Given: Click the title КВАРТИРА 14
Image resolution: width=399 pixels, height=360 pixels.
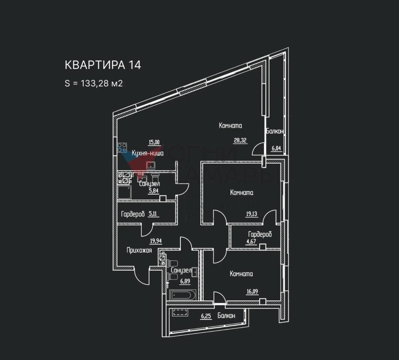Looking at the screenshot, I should tap(102, 65).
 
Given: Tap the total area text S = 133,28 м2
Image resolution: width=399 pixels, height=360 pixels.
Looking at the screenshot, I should tap(94, 83).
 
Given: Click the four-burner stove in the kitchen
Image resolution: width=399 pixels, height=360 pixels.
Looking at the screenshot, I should tap(122, 148).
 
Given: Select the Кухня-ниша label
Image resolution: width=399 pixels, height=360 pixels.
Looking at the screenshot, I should tap(147, 154).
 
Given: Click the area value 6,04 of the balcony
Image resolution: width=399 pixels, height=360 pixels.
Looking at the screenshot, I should tap(276, 148).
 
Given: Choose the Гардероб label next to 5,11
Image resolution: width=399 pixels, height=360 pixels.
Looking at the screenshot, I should tap(133, 214).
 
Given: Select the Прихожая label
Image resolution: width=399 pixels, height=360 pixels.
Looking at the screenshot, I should tap(139, 251).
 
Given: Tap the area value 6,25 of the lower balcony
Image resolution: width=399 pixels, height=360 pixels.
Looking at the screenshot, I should tap(206, 316).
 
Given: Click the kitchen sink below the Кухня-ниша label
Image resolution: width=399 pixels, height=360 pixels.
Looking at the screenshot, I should tap(151, 165).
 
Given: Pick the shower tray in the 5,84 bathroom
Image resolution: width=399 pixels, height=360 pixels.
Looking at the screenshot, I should tap(125, 192).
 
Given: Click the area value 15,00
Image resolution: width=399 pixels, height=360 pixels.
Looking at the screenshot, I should tap(154, 142).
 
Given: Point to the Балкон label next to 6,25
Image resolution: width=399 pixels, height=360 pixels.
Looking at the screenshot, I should tap(226, 316).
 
